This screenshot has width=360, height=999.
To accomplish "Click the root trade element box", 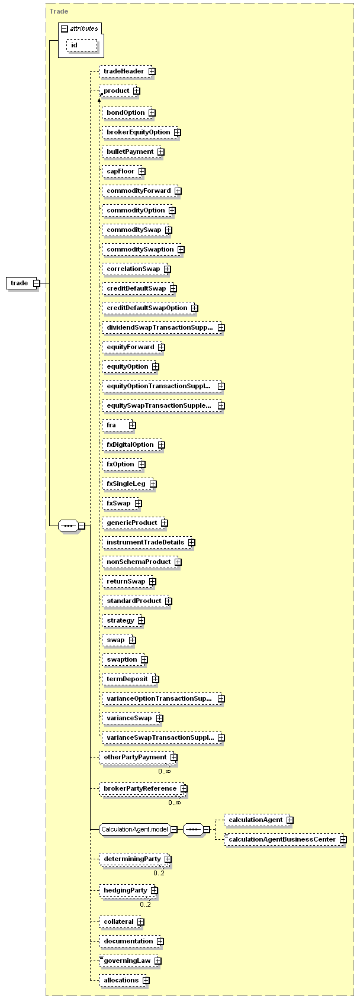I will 20,283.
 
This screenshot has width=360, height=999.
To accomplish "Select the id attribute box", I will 75,45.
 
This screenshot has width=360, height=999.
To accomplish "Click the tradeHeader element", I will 124,71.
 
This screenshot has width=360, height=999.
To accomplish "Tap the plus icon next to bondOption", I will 152,112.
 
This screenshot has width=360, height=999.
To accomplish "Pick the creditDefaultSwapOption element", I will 147,308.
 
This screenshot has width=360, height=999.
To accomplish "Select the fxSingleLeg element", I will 126,484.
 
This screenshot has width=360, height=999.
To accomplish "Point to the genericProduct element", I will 132,523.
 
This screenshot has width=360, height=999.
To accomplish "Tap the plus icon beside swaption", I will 144,659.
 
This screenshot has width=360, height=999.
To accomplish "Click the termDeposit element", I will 127,679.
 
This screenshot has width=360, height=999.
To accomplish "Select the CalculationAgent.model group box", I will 135,829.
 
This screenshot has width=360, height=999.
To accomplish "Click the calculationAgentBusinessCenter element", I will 282,839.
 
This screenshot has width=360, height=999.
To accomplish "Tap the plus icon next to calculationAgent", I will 290,820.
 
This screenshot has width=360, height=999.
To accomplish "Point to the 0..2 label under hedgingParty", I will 145,904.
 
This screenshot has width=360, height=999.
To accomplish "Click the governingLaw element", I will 127,961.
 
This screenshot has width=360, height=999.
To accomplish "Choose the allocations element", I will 121,980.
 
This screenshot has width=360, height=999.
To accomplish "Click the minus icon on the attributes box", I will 65,28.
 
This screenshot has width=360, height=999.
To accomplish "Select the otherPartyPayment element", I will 135,757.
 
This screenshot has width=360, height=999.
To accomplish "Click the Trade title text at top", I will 59,11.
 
